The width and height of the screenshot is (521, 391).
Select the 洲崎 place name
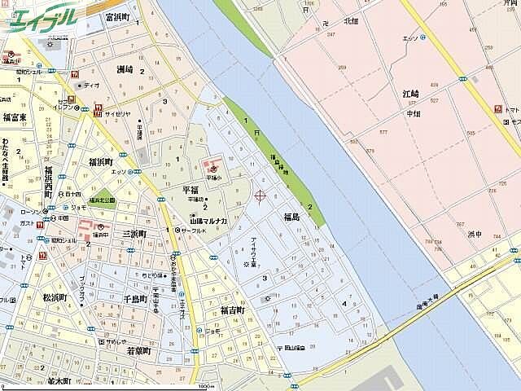tap(125, 71)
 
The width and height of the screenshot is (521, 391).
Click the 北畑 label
tap(351, 21)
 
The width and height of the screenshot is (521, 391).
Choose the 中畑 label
tap(414, 115)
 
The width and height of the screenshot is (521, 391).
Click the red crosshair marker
tap(260, 195)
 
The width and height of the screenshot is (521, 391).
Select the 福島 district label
tap(291, 217)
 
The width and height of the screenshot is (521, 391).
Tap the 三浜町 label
tap(134, 234)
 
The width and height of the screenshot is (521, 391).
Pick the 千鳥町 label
tap(136, 299)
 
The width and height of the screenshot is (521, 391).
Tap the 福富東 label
tap(15, 117)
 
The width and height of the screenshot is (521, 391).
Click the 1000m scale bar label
tap(206, 386)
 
